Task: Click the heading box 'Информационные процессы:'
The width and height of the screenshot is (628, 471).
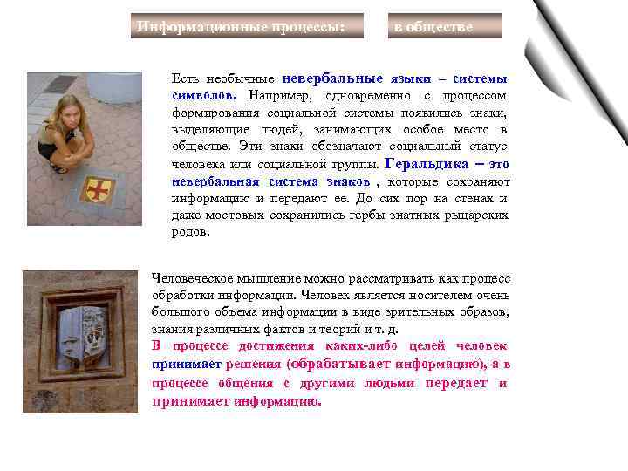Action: point(237,26)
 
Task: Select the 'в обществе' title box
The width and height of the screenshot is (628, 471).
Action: point(445,26)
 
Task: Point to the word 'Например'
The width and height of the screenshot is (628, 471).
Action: point(281,95)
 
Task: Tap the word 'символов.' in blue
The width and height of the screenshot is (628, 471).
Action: point(205,95)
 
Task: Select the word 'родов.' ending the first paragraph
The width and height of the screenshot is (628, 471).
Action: point(190,233)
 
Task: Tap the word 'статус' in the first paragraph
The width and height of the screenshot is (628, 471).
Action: point(487,147)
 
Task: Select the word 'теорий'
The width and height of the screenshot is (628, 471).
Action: point(334,330)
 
